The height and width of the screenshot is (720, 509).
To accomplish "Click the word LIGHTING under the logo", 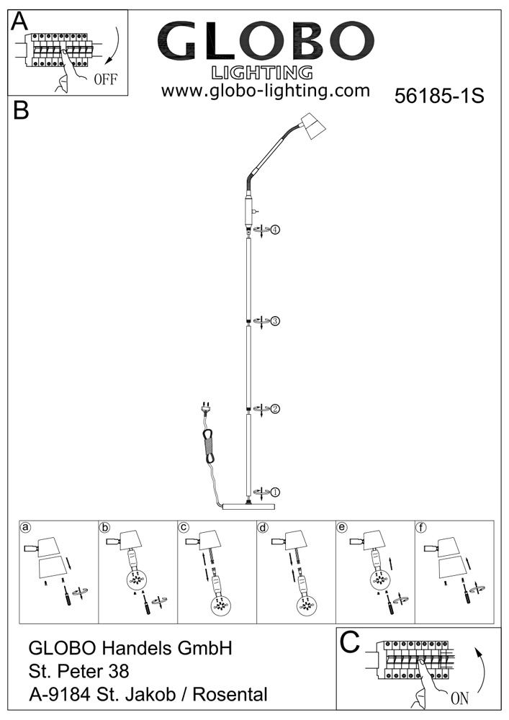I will [263, 72].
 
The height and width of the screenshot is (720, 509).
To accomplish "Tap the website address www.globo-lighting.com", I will [265, 91].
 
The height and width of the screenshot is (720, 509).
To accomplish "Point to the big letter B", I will [21, 111].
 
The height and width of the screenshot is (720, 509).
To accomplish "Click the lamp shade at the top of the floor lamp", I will [310, 127].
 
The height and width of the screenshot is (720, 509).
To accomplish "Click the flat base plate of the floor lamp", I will [250, 506].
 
